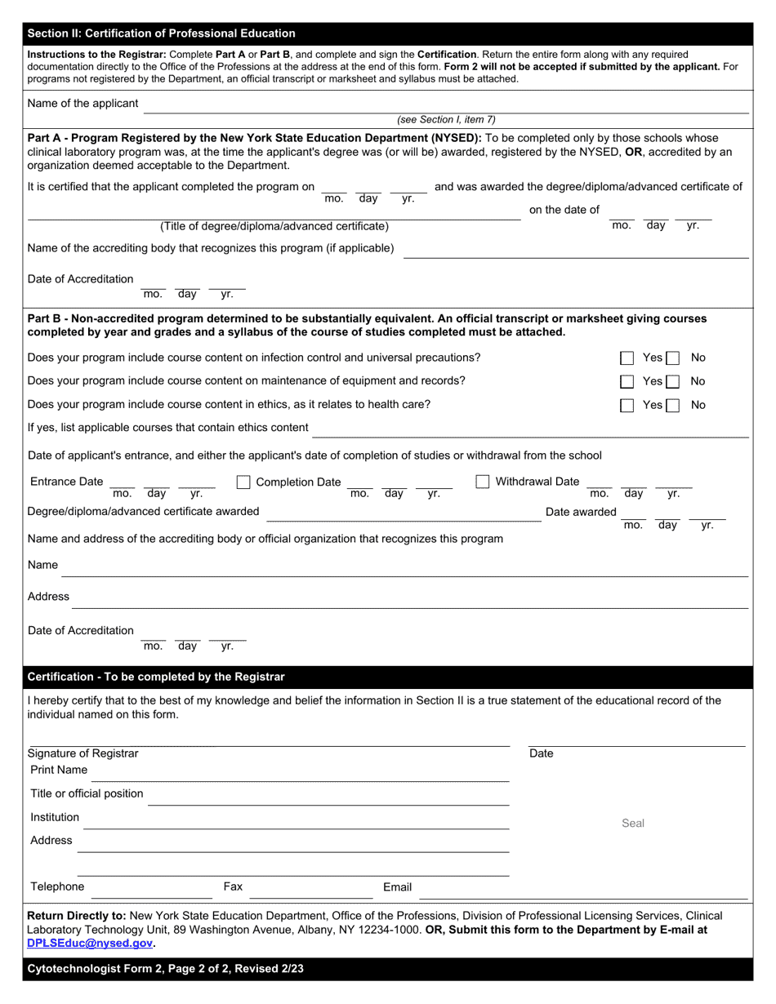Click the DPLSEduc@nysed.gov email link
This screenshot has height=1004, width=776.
91,943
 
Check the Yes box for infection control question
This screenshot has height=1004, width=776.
627,358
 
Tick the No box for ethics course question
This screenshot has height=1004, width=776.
672,405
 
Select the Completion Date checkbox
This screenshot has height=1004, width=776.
243,482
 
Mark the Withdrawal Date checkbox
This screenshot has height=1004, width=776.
483,482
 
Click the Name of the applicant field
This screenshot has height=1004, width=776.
445,105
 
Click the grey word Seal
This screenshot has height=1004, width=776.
633,823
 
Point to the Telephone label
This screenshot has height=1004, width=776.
57,886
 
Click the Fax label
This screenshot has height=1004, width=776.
233,886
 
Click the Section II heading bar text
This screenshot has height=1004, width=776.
162,33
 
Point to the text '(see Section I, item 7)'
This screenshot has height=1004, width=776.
446,119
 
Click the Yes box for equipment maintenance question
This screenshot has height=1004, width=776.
627,381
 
